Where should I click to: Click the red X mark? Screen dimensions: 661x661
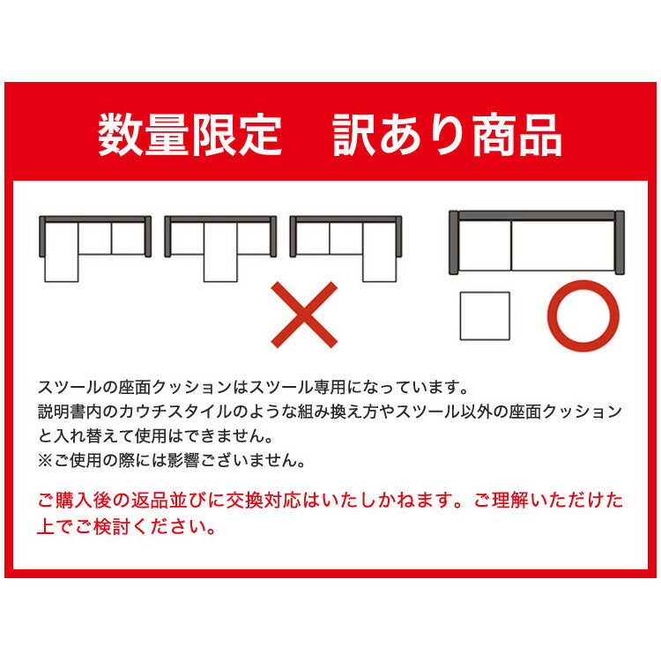coord(303,314)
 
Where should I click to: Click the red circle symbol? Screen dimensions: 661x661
coord(583,316)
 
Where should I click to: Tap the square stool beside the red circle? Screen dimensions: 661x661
coord(485,316)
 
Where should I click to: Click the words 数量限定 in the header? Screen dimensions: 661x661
coord(189,137)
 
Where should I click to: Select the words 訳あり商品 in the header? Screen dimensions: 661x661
coord(448,137)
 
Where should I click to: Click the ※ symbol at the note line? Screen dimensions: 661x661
coord(46,460)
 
